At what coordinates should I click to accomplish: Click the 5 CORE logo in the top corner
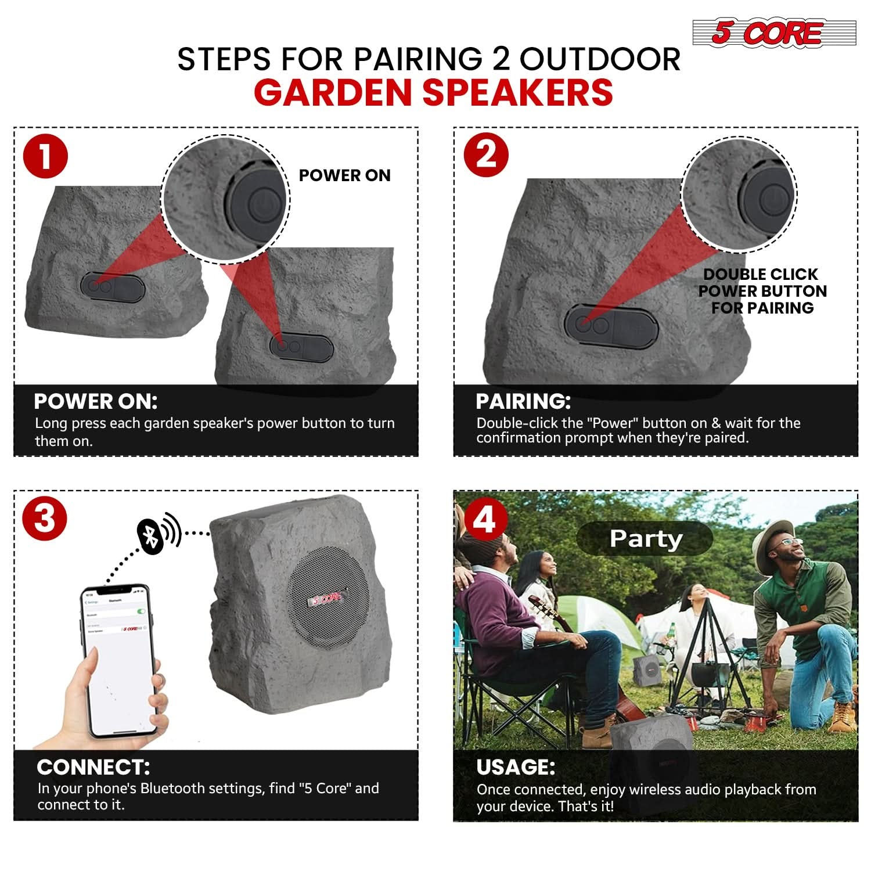pos(773,33)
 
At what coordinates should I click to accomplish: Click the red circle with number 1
pos(45,156)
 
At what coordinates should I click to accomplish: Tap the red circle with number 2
pos(486,155)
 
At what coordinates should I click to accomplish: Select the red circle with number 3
pos(45,518)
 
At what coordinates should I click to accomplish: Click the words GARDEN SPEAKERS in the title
pos(433,92)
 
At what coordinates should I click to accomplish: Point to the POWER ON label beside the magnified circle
pos(344,175)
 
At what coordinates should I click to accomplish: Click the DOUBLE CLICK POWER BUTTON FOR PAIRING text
pos(762,291)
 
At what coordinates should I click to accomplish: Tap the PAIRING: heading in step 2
pos(523,401)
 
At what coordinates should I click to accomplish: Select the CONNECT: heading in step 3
pos(93,767)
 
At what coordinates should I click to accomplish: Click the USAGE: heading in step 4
pos(516,767)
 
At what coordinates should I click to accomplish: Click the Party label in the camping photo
pos(645,539)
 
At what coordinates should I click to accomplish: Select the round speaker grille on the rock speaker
pos(329,598)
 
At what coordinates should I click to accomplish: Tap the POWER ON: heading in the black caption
pos(96,401)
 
